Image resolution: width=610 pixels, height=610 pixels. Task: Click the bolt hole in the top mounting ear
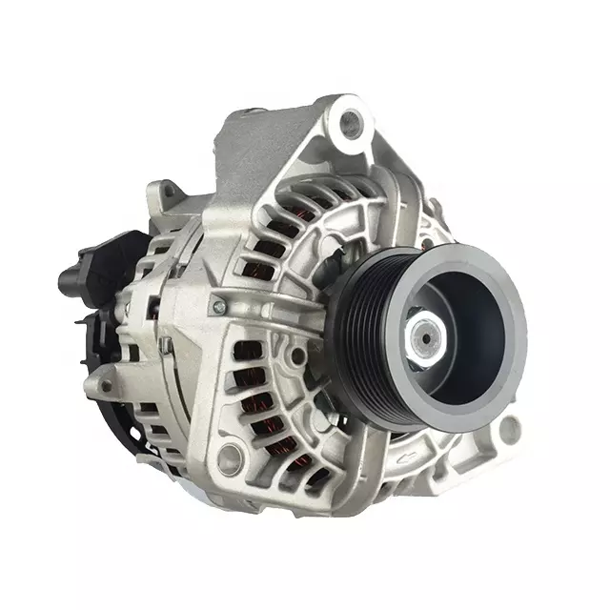(x=354, y=122)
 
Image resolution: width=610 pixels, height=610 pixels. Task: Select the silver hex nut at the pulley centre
(x=421, y=335)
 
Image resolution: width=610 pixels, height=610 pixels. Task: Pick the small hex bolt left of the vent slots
(x=219, y=307)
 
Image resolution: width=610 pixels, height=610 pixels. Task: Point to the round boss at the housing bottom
(x=227, y=461)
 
